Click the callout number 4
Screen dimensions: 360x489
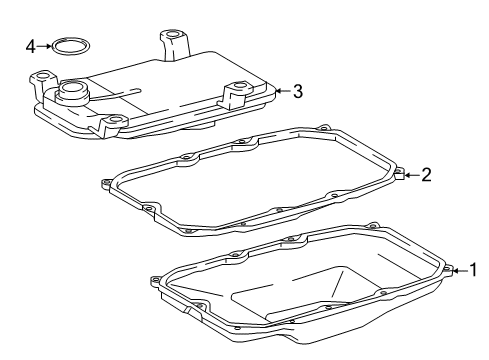[31, 45]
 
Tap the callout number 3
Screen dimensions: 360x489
[297, 92]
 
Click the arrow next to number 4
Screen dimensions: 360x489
[44, 45]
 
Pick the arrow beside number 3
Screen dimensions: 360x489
[281, 92]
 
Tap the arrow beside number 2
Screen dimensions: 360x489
[410, 176]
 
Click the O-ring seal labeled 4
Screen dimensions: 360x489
[70, 45]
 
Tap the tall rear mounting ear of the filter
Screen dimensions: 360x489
[173, 42]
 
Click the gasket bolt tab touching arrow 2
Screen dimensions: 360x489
[398, 177]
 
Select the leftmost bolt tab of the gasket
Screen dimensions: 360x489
[106, 183]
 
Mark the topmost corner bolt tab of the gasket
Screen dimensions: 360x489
[323, 128]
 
